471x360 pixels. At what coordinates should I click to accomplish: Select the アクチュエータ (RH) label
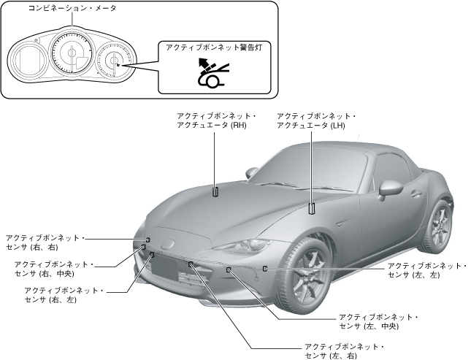(212, 120)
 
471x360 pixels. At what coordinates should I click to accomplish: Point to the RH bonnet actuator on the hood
(215, 192)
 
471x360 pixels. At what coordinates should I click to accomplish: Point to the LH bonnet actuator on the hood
(312, 207)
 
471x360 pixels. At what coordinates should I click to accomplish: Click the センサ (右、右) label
(45, 242)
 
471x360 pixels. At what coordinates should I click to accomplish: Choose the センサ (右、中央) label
(54, 268)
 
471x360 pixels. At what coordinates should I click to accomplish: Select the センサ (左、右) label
(344, 351)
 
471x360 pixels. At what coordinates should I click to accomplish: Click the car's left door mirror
(391, 187)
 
